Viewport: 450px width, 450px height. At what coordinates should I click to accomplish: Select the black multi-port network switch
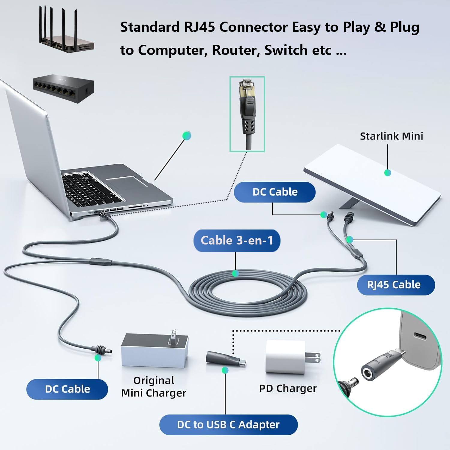click(63, 88)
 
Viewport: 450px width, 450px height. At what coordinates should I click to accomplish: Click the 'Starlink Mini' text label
click(391, 136)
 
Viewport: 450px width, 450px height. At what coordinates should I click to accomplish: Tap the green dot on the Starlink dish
click(388, 173)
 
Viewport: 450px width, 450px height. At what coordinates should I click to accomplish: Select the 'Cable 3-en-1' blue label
click(237, 241)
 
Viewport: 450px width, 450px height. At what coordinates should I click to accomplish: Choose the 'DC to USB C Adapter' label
click(228, 424)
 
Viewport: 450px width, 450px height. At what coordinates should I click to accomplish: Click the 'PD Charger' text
click(288, 388)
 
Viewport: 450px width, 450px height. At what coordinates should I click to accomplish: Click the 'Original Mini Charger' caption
click(154, 387)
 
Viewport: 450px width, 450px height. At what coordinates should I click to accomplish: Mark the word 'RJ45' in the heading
click(199, 27)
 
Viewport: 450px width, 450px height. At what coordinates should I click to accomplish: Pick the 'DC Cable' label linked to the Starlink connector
click(274, 192)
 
